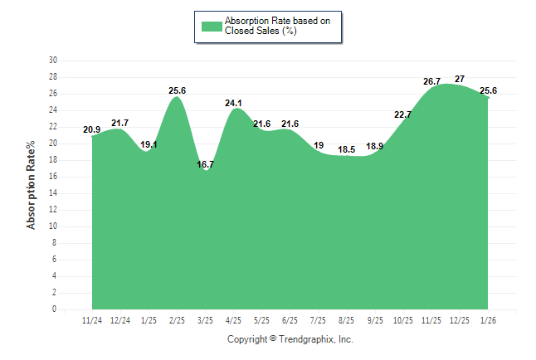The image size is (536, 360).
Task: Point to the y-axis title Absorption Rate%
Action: [x=32, y=185]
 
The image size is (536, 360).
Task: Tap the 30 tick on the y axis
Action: [x=53, y=61]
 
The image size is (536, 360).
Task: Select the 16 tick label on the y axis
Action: [x=53, y=177]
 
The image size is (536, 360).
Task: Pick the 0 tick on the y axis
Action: [x=55, y=309]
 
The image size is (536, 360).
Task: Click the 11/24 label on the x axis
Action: [x=92, y=320]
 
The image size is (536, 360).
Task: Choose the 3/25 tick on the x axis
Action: [x=205, y=320]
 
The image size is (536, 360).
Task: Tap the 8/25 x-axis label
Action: [x=346, y=320]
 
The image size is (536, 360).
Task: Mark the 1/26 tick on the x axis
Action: [x=487, y=320]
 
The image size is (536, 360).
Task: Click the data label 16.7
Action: [x=205, y=165]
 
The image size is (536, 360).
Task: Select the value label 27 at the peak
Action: [x=460, y=79]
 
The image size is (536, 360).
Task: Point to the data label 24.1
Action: [x=235, y=104]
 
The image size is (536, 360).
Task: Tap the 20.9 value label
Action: [x=92, y=129]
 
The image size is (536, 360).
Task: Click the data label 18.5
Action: [x=346, y=149]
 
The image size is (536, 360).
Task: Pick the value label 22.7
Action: [x=402, y=114]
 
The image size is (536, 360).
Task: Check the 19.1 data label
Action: [x=149, y=144]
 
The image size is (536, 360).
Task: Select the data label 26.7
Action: [x=431, y=81]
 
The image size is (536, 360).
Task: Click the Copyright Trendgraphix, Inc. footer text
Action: [x=290, y=339]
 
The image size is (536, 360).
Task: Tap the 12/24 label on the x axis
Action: [x=120, y=320]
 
